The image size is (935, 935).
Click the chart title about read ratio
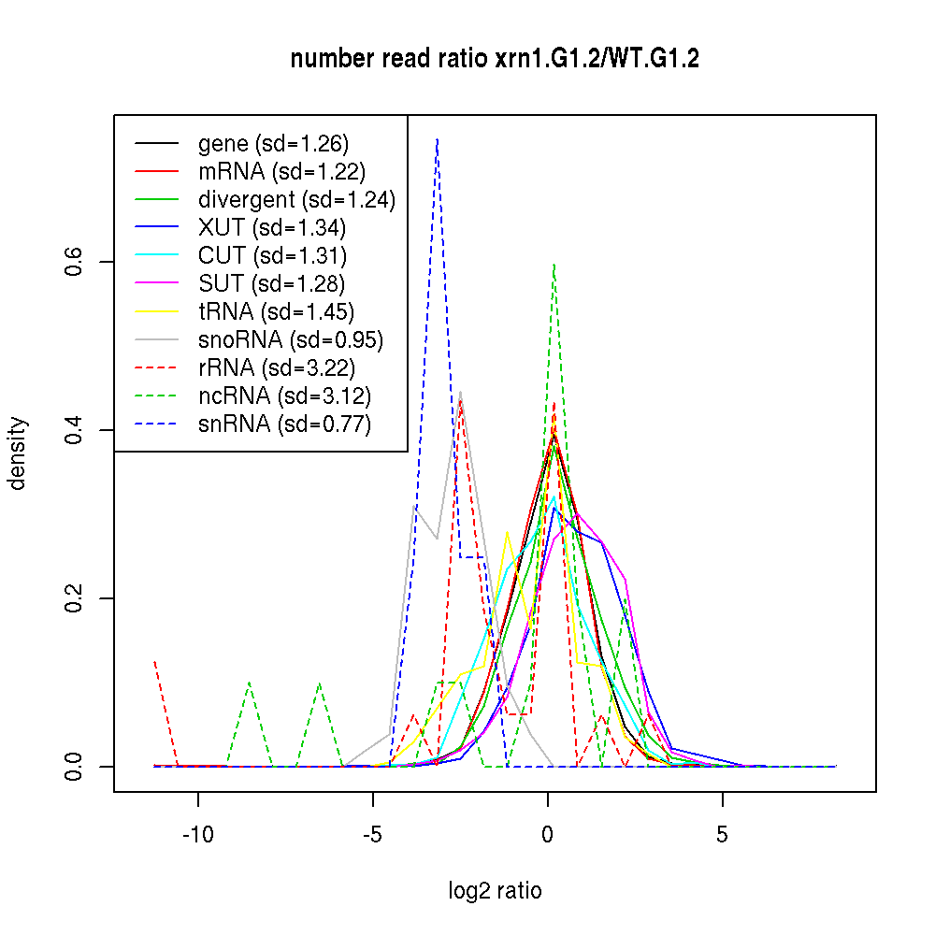(x=495, y=60)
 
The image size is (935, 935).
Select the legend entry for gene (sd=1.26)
(x=273, y=144)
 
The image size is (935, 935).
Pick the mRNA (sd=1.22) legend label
(x=281, y=172)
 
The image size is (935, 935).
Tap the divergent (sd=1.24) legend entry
(x=296, y=200)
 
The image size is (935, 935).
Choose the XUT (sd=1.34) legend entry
(x=271, y=227)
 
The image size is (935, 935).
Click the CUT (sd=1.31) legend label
(x=272, y=255)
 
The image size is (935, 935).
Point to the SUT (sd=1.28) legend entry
(x=271, y=283)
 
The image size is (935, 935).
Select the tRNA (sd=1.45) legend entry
(x=276, y=311)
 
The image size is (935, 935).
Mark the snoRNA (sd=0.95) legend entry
(x=291, y=339)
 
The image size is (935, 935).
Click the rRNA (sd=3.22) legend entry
(x=277, y=367)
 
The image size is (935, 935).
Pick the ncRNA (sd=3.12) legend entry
(x=283, y=396)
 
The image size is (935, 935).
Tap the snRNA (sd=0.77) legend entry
(x=284, y=424)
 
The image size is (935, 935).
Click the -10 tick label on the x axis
(x=197, y=834)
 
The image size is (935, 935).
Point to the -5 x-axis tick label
(x=372, y=834)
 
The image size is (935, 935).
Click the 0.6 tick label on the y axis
(x=77, y=262)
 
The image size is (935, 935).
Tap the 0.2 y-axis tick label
(x=77, y=598)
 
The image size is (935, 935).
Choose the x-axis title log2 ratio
(x=495, y=891)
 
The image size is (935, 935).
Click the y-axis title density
(x=18, y=453)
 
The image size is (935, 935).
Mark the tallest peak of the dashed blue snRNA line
(x=437, y=139)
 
